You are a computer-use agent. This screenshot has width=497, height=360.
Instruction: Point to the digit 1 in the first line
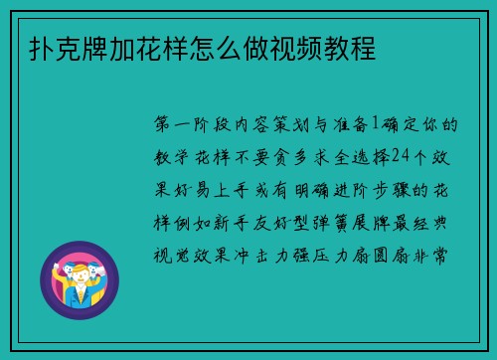375,125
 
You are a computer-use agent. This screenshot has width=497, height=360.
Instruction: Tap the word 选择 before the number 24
355,156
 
